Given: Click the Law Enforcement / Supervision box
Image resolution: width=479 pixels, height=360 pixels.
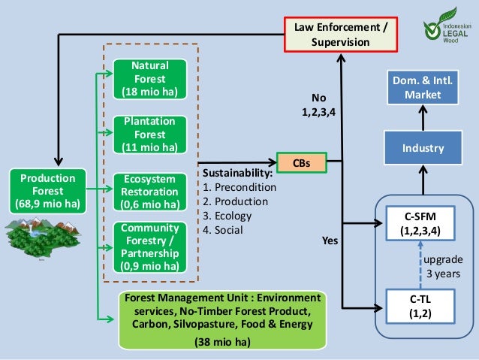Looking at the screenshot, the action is tap(341, 35).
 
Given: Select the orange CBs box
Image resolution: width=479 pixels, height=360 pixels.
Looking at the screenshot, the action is tap(302, 162).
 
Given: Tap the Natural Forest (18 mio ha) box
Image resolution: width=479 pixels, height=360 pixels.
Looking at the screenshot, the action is tap(149, 79).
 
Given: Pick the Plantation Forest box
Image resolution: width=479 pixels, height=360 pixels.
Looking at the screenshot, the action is tap(149, 135).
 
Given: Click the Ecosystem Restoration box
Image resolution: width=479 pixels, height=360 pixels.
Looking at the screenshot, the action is tap(149, 192).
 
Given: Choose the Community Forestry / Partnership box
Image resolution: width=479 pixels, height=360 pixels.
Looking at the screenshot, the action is tap(149, 247).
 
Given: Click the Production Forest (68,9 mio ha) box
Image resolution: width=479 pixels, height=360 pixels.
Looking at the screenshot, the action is tap(47, 191).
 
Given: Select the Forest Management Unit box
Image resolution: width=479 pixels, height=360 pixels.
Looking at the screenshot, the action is tap(222, 320).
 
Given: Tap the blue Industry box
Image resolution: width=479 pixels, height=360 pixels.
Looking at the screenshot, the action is tap(423, 148).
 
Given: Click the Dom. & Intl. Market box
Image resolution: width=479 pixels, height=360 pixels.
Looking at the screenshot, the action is tap(423, 87).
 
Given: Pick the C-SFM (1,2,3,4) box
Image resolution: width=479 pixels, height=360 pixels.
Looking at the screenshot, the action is tap(420, 223).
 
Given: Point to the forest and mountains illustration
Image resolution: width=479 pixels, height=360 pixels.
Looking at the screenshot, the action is tap(43, 237).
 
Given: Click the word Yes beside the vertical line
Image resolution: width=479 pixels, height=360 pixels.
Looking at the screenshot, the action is tap(330, 241).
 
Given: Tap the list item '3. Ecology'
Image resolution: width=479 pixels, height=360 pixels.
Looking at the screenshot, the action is tap(227, 216).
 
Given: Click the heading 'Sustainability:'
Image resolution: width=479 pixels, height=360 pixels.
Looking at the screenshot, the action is tap(237, 173).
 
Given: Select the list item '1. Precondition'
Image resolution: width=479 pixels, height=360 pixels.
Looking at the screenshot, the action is tap(239, 187).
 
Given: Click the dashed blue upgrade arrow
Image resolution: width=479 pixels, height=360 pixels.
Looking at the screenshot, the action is tap(420, 265).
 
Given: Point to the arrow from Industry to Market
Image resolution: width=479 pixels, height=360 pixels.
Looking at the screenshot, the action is tap(423, 118).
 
